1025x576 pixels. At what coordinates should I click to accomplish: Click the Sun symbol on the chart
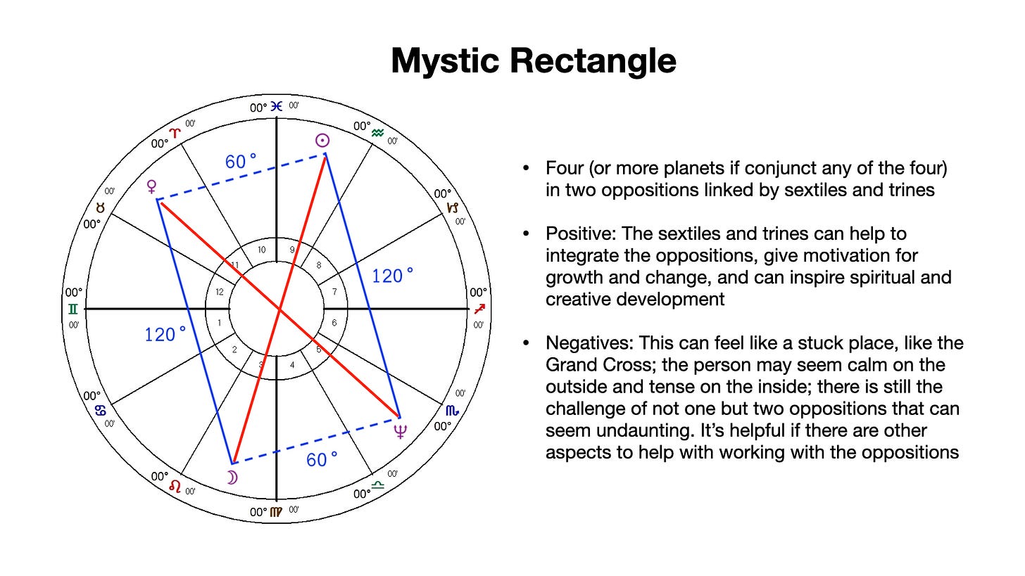322,141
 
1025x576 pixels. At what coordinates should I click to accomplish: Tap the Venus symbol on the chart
151,186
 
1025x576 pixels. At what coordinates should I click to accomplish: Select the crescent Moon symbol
232,478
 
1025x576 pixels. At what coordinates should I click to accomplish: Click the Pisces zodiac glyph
277,107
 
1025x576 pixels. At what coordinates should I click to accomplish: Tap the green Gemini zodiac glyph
73,309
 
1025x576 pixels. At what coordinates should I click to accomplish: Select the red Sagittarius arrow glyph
479,309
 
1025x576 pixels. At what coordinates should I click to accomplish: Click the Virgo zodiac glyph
277,511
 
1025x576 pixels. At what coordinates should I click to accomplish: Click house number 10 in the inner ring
261,250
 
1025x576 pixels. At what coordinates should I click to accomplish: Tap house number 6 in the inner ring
334,324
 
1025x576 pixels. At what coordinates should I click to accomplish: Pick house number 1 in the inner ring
219,324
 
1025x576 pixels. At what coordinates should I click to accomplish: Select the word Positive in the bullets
584,233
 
